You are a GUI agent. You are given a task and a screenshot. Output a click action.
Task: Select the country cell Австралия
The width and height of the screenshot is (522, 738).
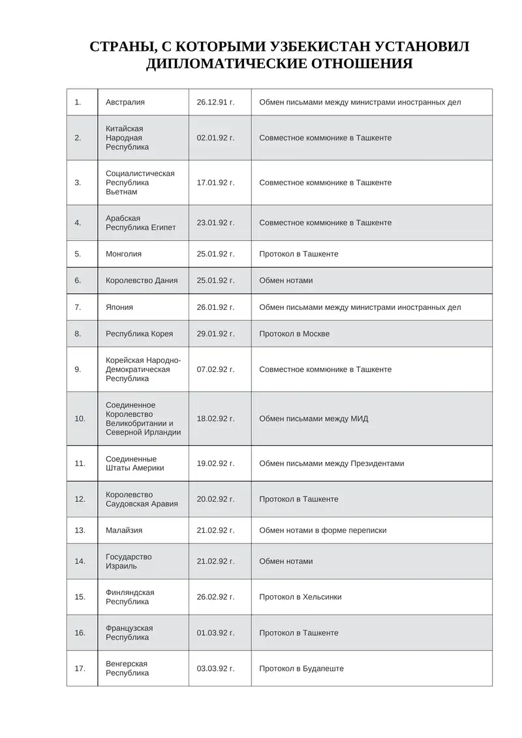pyautogui.click(x=125, y=102)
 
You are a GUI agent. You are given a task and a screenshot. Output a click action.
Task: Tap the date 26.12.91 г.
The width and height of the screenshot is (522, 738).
pyautogui.click(x=215, y=102)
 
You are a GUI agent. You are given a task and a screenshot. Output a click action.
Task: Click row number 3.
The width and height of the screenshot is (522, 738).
pyautogui.click(x=78, y=183)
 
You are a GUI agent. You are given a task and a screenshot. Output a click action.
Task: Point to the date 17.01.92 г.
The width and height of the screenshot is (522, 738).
pyautogui.click(x=215, y=183)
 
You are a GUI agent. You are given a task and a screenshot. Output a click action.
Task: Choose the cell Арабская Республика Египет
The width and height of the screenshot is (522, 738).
pyautogui.click(x=140, y=223)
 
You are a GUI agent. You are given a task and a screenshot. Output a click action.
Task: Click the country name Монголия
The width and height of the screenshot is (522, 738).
pyautogui.click(x=123, y=254)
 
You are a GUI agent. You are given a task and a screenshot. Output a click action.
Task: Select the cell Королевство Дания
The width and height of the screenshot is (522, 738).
pyautogui.click(x=142, y=281)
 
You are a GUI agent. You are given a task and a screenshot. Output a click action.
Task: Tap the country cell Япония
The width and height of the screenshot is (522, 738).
pyautogui.click(x=121, y=307)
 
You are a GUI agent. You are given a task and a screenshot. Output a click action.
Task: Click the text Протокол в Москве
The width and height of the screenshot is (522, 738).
pyautogui.click(x=294, y=334)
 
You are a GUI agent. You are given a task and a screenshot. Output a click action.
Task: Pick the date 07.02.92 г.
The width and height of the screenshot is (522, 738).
pyautogui.click(x=215, y=369)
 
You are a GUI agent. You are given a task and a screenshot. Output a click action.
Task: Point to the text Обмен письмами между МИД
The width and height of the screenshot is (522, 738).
pyautogui.click(x=313, y=418)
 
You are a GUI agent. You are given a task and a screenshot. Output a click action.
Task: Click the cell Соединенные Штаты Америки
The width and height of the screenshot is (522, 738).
pyautogui.click(x=135, y=463)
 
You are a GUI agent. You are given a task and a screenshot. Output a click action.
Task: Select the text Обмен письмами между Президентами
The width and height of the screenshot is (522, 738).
pyautogui.click(x=331, y=463)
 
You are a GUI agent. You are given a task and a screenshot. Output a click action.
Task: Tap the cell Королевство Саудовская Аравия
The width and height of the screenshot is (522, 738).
pyautogui.click(x=142, y=499)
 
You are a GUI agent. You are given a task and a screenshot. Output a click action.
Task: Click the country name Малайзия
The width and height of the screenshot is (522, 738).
pyautogui.click(x=124, y=530)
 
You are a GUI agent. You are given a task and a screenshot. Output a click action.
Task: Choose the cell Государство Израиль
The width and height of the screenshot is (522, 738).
pyautogui.click(x=129, y=561)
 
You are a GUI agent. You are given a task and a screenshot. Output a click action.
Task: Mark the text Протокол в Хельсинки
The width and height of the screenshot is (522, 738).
pyautogui.click(x=300, y=597)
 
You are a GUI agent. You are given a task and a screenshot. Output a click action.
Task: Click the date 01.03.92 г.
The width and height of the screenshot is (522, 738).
pyautogui.click(x=215, y=633)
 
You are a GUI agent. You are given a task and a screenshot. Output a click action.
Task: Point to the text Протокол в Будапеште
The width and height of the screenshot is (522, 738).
pyautogui.click(x=301, y=669)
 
